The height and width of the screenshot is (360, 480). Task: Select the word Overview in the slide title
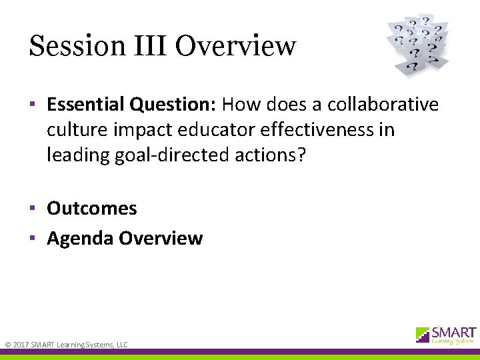point(236,46)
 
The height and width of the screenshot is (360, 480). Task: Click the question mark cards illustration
point(418,44)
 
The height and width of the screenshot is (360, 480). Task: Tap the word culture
point(78,129)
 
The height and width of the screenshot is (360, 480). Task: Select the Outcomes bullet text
point(92,208)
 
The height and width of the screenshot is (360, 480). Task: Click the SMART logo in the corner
point(445,335)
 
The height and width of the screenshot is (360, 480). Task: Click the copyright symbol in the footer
point(7,345)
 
